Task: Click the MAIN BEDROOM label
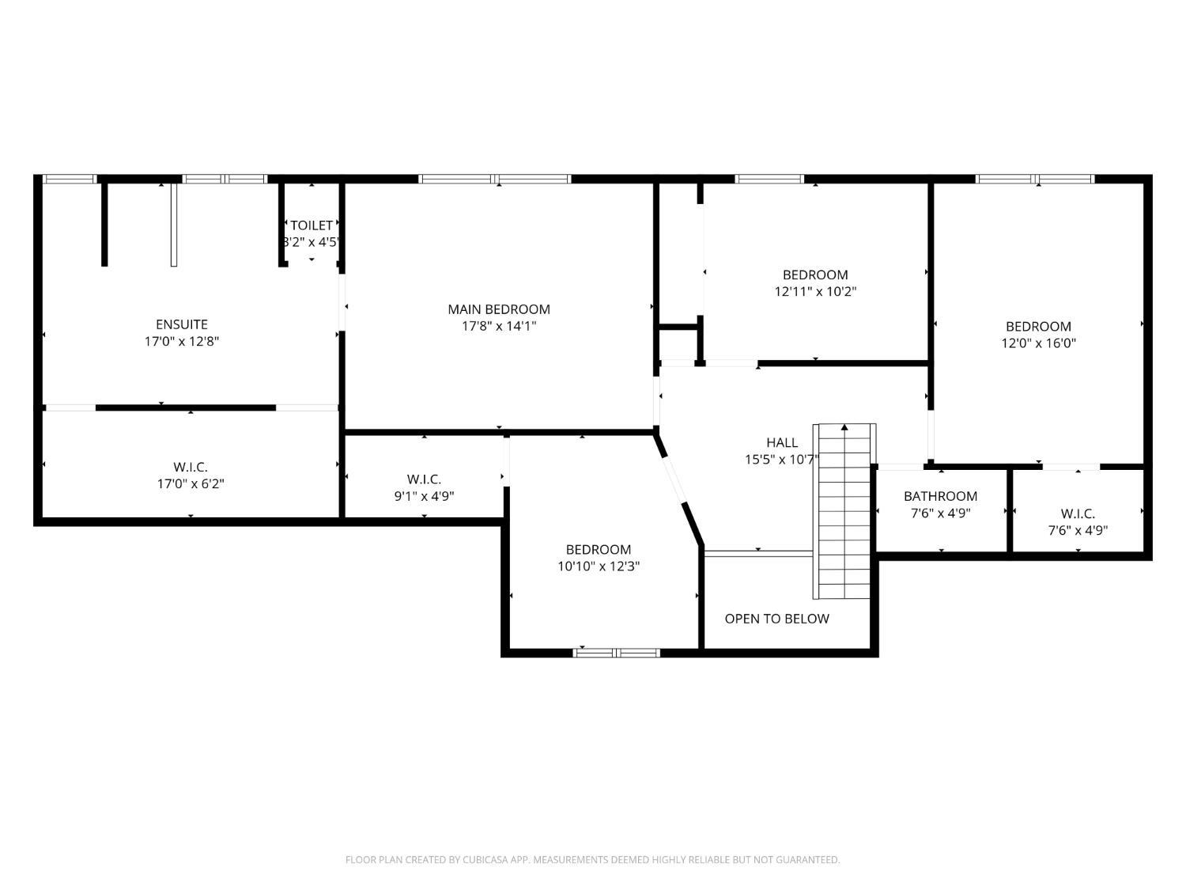[x=499, y=309]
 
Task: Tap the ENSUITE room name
[x=182, y=324]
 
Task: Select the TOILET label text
[x=312, y=225]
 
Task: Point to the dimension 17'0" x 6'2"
[x=191, y=484]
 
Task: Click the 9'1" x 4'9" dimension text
[x=424, y=497]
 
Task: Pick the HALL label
[x=782, y=442]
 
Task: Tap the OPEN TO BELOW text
[x=776, y=619]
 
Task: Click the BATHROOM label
[x=940, y=496]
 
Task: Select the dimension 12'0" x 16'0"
[x=1038, y=343]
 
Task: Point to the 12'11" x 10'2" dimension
[x=815, y=292]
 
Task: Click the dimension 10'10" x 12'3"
[x=598, y=566]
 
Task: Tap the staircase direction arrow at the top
[x=844, y=428]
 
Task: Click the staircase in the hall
[x=844, y=514]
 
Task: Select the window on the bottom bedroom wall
[x=616, y=653]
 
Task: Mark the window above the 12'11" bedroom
[x=769, y=179]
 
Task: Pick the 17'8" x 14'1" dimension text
[x=499, y=326]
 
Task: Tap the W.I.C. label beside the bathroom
[x=1078, y=514]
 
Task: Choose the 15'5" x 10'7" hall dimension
[x=782, y=460]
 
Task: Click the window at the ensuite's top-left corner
[x=69, y=179]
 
